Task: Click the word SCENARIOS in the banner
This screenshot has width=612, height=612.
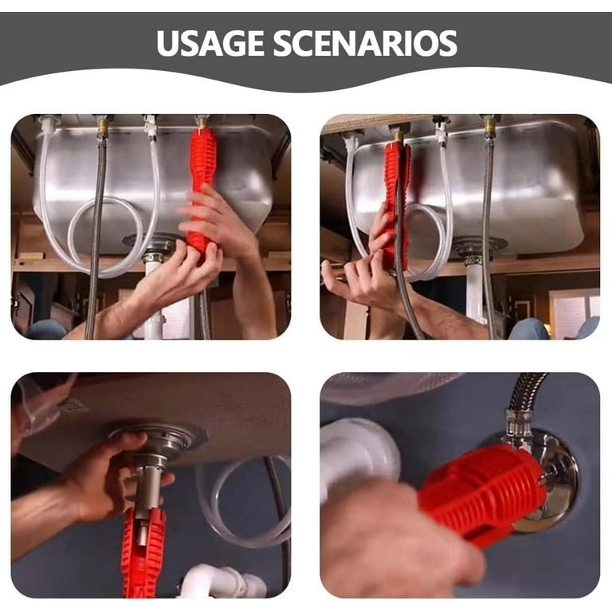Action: point(365,43)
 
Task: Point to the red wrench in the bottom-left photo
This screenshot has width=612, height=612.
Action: point(143,555)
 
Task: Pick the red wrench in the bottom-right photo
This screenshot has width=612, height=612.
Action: point(483,494)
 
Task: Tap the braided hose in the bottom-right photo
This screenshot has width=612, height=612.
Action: point(525,394)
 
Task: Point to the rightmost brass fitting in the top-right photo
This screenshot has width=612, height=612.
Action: point(489,127)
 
